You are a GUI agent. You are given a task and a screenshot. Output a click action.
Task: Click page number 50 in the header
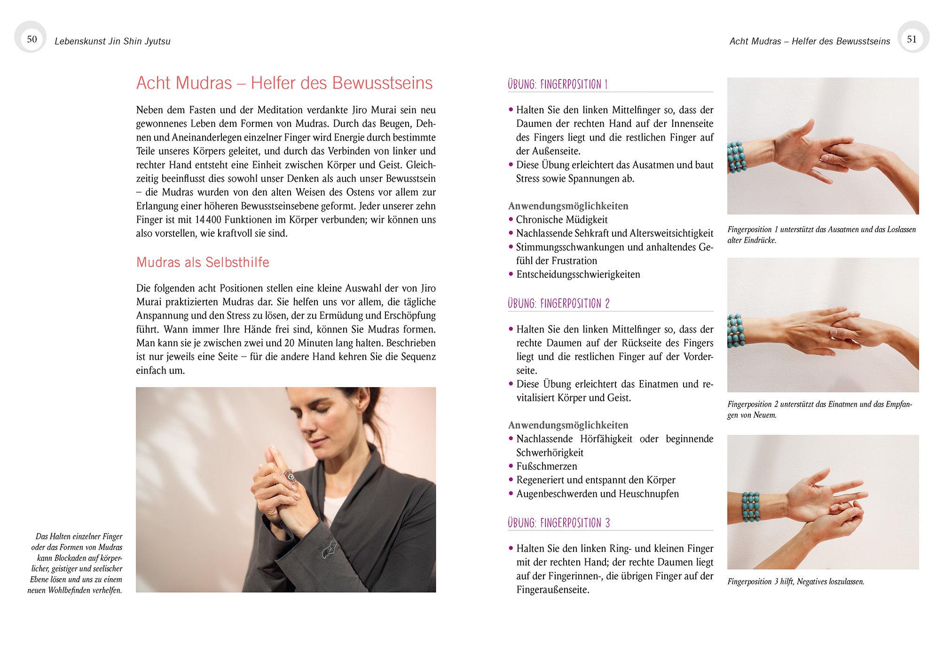pyautogui.click(x=31, y=39)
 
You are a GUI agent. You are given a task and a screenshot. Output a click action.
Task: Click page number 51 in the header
pyautogui.click(x=912, y=39)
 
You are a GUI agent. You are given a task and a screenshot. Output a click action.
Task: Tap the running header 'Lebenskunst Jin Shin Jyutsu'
pyautogui.click(x=112, y=41)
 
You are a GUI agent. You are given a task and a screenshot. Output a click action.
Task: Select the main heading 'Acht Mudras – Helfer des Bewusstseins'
pyautogui.click(x=284, y=83)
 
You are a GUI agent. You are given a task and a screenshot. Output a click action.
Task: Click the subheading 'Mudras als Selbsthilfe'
pyautogui.click(x=203, y=262)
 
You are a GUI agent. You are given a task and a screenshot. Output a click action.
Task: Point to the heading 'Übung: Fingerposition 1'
pyautogui.click(x=558, y=85)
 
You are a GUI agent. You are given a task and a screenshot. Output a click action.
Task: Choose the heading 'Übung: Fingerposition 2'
pyautogui.click(x=559, y=304)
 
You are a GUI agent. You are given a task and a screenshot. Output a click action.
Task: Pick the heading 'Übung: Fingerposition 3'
pyautogui.click(x=559, y=523)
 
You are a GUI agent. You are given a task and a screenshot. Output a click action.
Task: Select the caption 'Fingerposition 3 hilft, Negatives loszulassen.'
pyautogui.click(x=795, y=582)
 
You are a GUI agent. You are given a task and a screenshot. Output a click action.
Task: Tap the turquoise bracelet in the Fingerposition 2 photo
pyautogui.click(x=735, y=331)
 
